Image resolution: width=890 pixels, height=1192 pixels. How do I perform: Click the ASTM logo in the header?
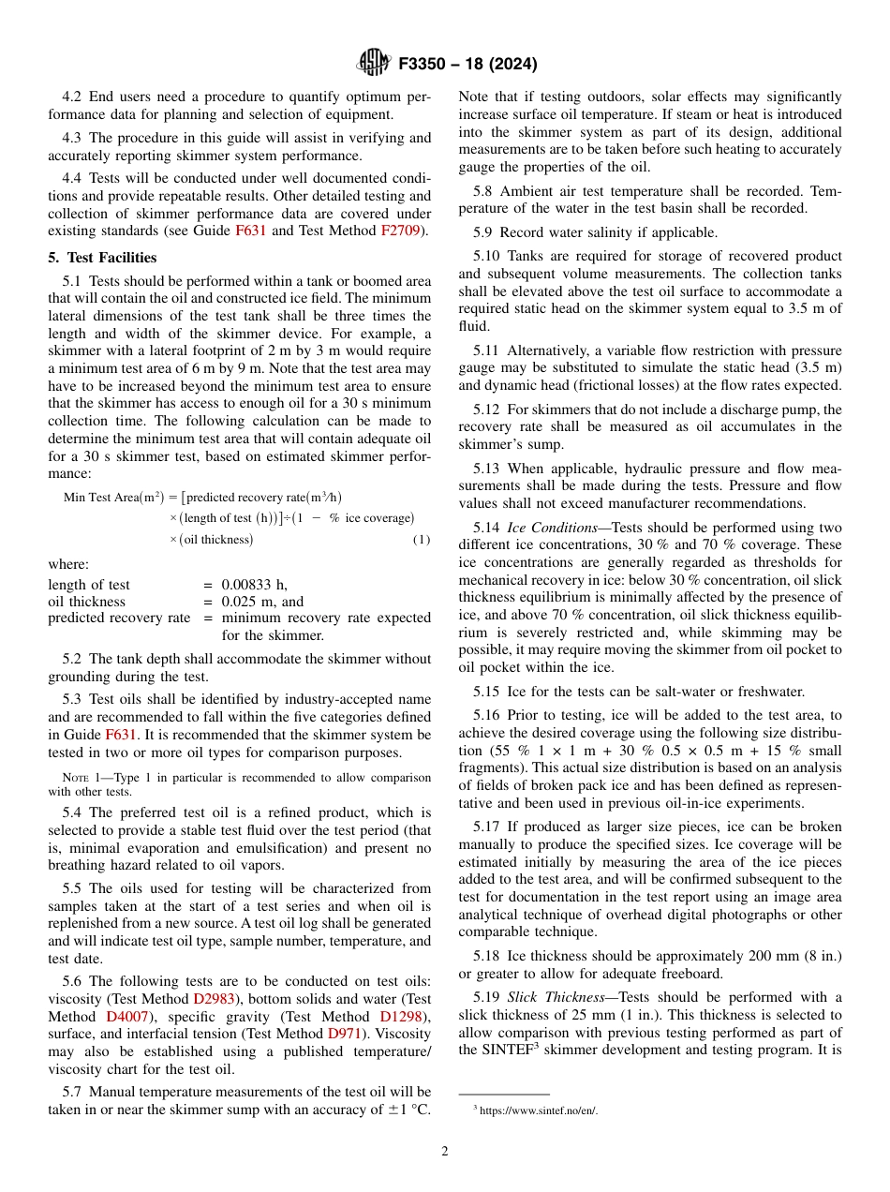point(373,64)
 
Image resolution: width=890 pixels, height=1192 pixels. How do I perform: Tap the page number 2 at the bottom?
point(445,1152)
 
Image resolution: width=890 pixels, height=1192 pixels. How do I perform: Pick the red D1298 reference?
point(402,1017)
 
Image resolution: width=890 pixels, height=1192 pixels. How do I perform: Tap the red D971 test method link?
point(343,1034)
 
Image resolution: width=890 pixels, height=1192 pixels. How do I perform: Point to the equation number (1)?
point(422,540)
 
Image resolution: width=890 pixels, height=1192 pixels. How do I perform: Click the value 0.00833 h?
point(253,585)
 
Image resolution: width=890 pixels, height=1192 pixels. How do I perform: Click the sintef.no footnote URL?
point(538,1110)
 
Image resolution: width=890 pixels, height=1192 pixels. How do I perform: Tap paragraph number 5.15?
point(489,692)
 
